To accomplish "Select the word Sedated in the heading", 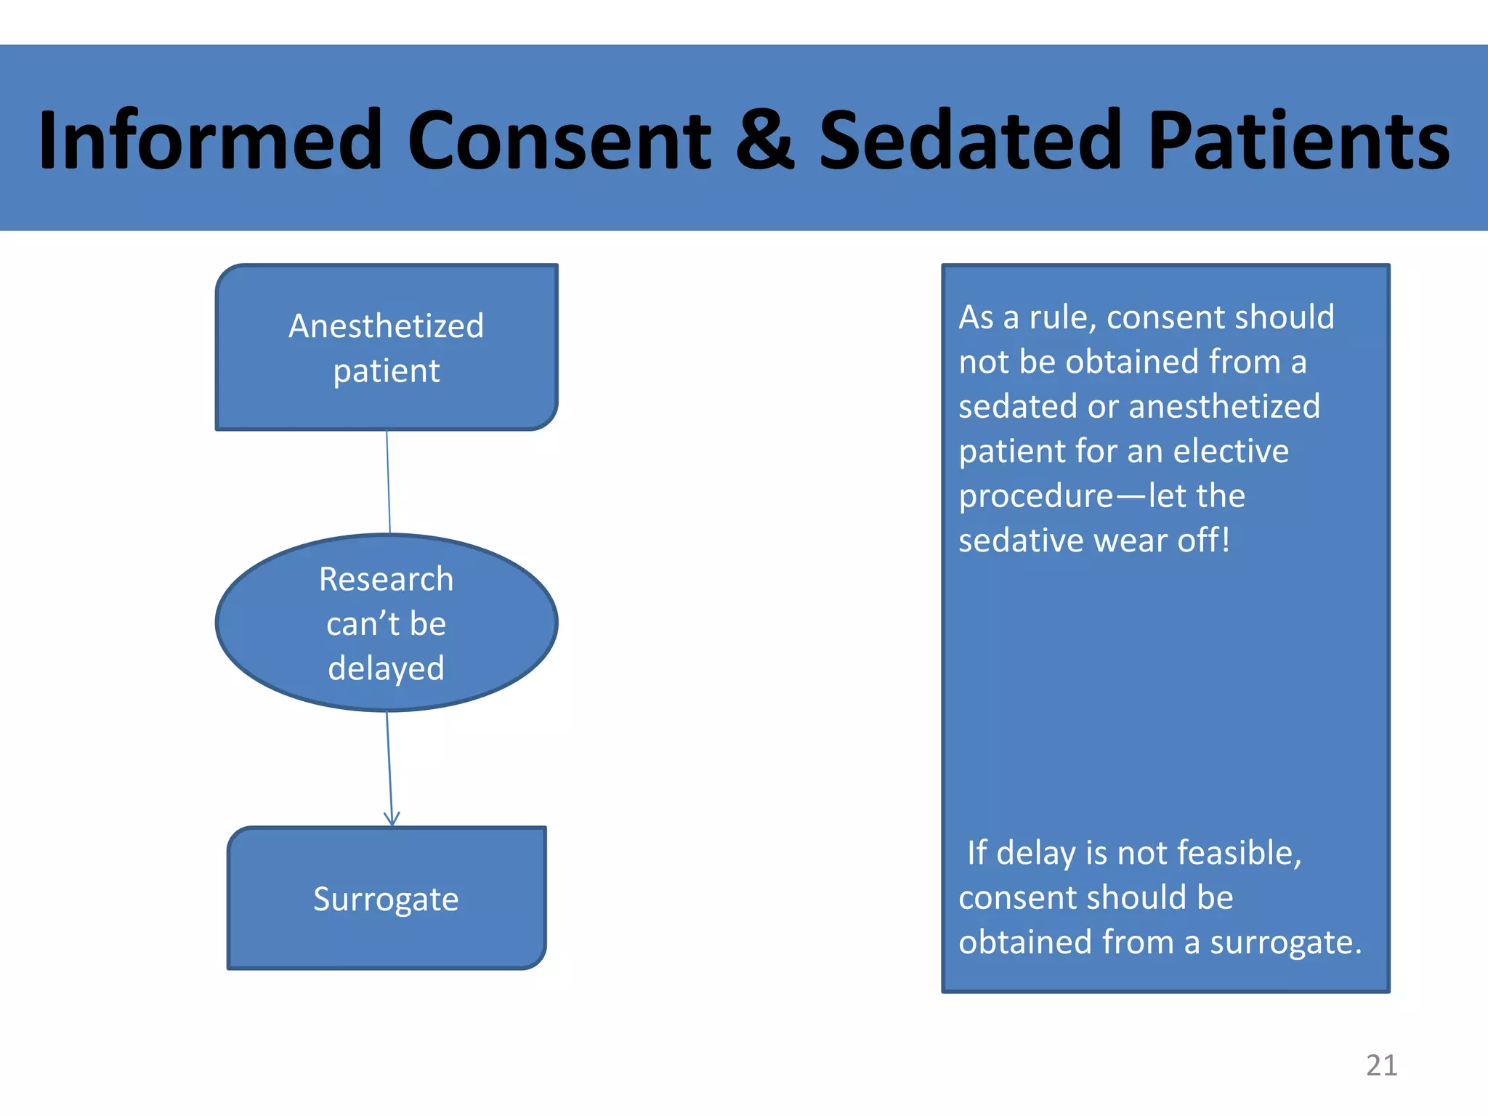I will [971, 139].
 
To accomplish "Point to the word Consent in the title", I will [559, 139].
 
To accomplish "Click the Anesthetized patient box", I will [387, 347].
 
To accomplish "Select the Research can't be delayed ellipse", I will [387, 623].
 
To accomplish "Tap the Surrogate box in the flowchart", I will [387, 898].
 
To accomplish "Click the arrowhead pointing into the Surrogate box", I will [392, 820].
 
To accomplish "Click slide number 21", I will [1381, 1065].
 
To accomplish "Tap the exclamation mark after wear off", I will [1226, 540].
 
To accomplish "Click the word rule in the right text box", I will [1062, 318].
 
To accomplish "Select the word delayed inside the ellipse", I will [386, 668].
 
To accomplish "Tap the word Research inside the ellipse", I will [386, 579].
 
